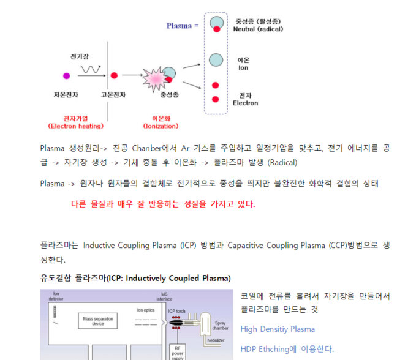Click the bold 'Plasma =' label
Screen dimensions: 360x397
click(183, 26)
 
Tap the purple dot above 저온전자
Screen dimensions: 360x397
click(66, 76)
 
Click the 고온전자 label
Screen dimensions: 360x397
click(113, 95)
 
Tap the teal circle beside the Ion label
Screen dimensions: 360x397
click(216, 59)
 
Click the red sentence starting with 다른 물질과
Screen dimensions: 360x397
click(163, 204)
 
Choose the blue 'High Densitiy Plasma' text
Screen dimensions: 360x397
click(278, 329)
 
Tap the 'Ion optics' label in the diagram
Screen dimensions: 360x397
click(146, 310)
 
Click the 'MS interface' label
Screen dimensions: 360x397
click(164, 296)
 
